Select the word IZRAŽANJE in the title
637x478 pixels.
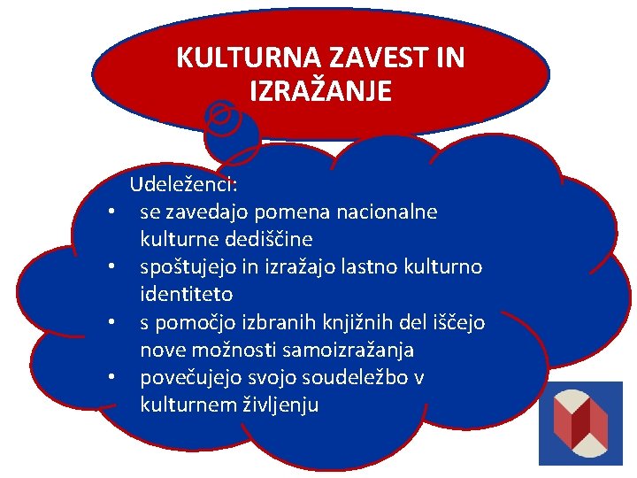[x=320, y=91]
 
